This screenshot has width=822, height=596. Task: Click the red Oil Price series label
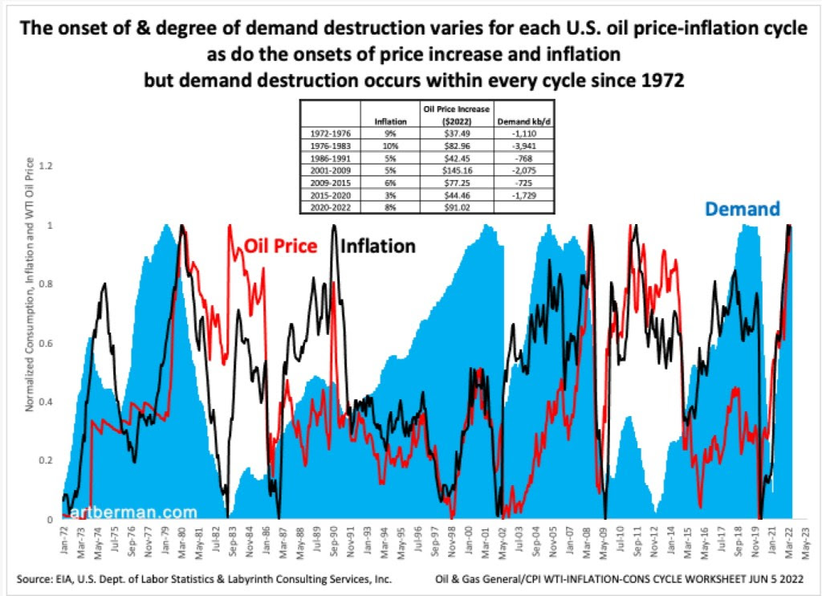pos(280,247)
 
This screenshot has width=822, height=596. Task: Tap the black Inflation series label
pos(378,246)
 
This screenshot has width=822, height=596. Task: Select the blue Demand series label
pos(743,209)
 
